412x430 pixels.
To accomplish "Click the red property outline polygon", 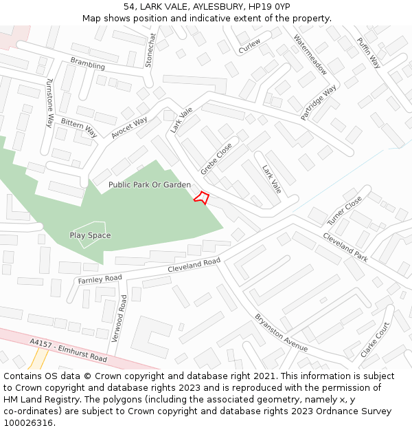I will [201, 197].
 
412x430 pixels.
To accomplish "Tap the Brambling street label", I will [88, 64].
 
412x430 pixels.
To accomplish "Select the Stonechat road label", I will [150, 50].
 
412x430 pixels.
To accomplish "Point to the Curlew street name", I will [249, 46].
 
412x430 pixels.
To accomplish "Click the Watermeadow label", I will [310, 54].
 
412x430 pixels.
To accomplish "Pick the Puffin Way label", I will [369, 52].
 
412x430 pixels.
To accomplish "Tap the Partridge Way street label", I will [319, 103].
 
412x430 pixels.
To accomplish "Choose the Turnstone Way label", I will [49, 103].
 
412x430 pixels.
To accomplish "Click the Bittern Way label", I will [78, 127].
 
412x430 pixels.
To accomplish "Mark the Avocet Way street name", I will [129, 127].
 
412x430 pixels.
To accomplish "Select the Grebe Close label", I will [216, 158].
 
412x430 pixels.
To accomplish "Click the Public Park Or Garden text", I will [150, 185].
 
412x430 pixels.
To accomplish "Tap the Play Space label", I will [90, 235].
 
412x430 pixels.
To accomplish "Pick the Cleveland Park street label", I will [345, 246].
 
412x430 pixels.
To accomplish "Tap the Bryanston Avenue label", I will [282, 333].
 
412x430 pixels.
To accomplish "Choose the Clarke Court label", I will [375, 340].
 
